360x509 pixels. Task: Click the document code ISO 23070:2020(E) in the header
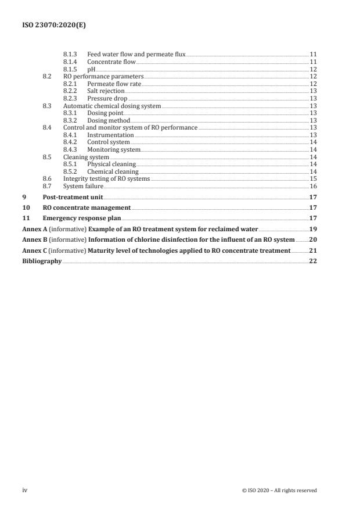pyautogui.click(x=49, y=26)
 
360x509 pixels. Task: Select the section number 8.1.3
pyautogui.click(x=71, y=54)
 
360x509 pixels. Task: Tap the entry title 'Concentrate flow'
pyautogui.click(x=111, y=62)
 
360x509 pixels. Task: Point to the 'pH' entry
pyautogui.click(x=91, y=69)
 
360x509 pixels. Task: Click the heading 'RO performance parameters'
pyautogui.click(x=103, y=77)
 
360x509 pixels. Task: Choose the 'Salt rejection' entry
pyautogui.click(x=106, y=91)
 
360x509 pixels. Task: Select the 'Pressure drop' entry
pyautogui.click(x=107, y=99)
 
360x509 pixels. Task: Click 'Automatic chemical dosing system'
pyautogui.click(x=111, y=106)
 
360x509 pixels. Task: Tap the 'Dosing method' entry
pyautogui.click(x=109, y=120)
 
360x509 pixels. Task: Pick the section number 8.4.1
pyautogui.click(x=71, y=135)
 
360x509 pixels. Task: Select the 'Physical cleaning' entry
pyautogui.click(x=111, y=164)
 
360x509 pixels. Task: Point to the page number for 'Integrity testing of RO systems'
pyautogui.click(x=313, y=179)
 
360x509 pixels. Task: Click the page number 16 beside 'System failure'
pyautogui.click(x=313, y=186)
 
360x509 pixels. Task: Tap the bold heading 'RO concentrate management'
pyautogui.click(x=87, y=207)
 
